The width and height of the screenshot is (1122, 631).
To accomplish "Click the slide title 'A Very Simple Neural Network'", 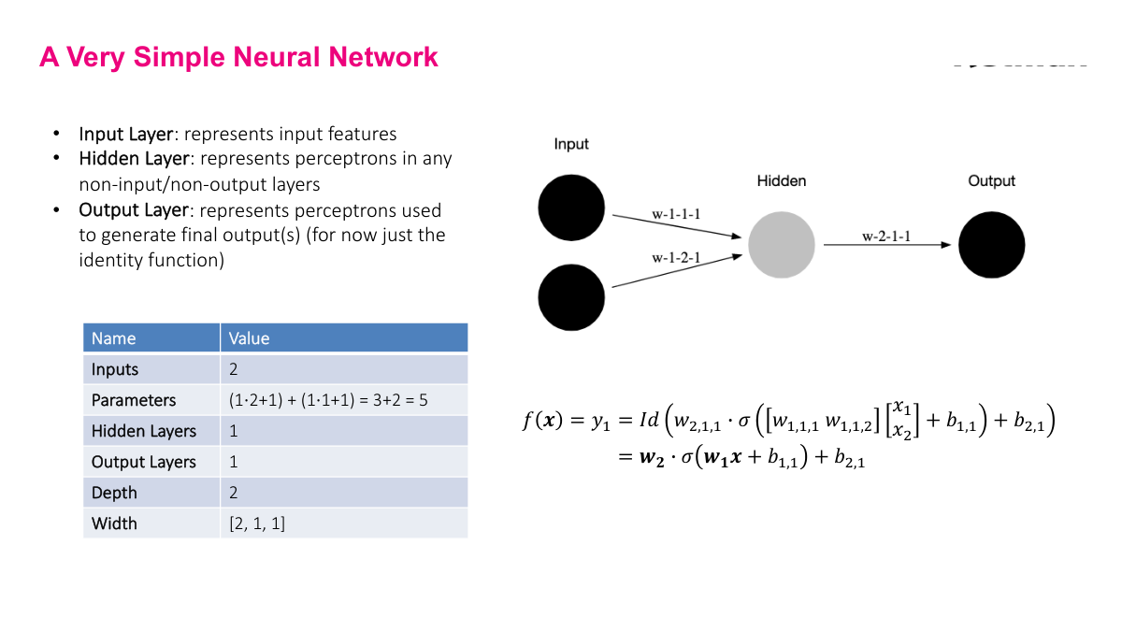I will (x=238, y=57).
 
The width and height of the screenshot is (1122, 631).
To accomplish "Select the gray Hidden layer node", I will (x=782, y=244).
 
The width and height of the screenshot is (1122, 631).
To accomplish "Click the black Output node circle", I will (x=991, y=244).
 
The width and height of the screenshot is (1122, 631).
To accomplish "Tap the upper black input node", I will (x=571, y=207).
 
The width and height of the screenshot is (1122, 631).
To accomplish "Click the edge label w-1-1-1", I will (x=676, y=214).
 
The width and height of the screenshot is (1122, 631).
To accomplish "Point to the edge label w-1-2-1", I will (x=676, y=255).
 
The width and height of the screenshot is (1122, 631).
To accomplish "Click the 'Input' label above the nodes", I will (x=571, y=144).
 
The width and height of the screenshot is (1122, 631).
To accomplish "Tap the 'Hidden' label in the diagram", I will (x=782, y=180).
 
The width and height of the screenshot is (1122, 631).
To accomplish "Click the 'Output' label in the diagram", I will (x=991, y=180).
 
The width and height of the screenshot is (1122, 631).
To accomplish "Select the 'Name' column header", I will (x=113, y=338).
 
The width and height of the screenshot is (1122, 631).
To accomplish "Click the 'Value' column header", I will (x=250, y=338).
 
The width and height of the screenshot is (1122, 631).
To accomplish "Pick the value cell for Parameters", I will (x=328, y=400).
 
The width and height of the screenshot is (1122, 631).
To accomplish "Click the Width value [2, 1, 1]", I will (x=257, y=523).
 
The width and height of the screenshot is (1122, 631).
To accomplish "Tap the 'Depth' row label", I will (x=114, y=493).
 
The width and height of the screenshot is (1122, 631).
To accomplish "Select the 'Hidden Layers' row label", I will (x=144, y=431).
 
